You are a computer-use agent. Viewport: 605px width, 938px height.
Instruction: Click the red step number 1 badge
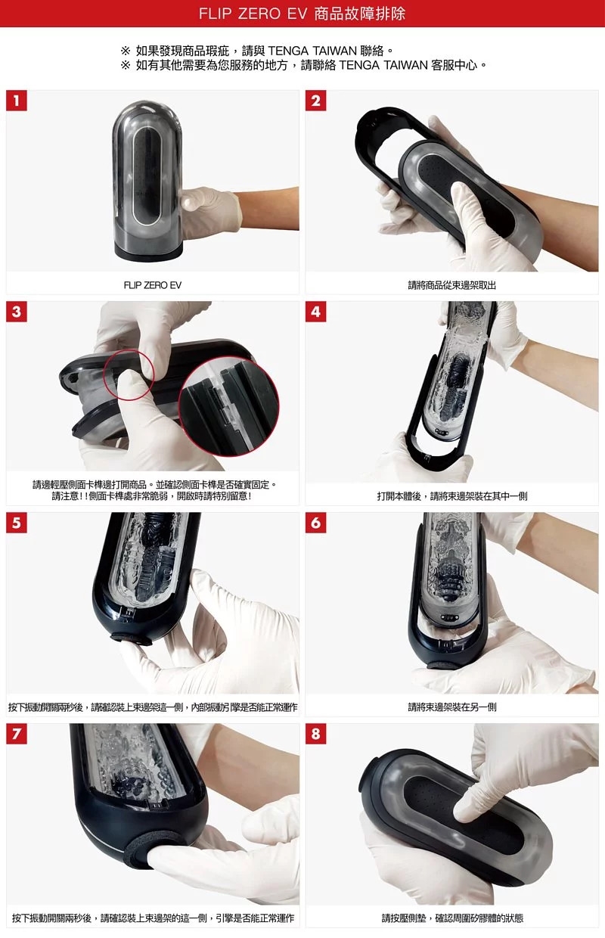coord(17,101)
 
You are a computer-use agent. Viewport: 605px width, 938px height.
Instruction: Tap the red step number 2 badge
coord(315,101)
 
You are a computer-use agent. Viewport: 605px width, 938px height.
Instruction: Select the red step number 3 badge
coord(17,312)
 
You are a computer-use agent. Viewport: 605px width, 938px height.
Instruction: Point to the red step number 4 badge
coord(315,312)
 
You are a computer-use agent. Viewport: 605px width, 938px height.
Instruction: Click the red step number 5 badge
coord(17,523)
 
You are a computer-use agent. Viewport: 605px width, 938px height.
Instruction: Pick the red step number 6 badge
coord(315,523)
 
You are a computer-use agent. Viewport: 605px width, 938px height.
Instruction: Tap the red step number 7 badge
coord(17,734)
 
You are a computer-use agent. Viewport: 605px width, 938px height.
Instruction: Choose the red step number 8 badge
coord(315,734)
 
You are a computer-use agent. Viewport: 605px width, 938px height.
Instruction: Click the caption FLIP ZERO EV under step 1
coord(153,285)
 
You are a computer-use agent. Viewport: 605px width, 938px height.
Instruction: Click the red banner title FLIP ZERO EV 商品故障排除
coord(302,14)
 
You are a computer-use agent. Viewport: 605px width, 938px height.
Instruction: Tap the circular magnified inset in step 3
coord(228,407)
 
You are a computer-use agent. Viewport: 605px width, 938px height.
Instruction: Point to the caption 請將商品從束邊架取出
coord(451,285)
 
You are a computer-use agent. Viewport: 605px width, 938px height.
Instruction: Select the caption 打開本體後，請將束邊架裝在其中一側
coord(451,496)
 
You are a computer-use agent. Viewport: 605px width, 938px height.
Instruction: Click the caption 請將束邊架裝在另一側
coord(451,707)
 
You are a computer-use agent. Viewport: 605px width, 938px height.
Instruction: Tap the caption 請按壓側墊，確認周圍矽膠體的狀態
coord(451,918)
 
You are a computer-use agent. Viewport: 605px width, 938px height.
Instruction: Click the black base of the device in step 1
coord(149,250)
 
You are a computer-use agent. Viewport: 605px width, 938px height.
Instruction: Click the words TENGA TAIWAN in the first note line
coord(312,51)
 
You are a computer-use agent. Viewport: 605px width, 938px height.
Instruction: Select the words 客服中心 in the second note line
coord(454,65)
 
